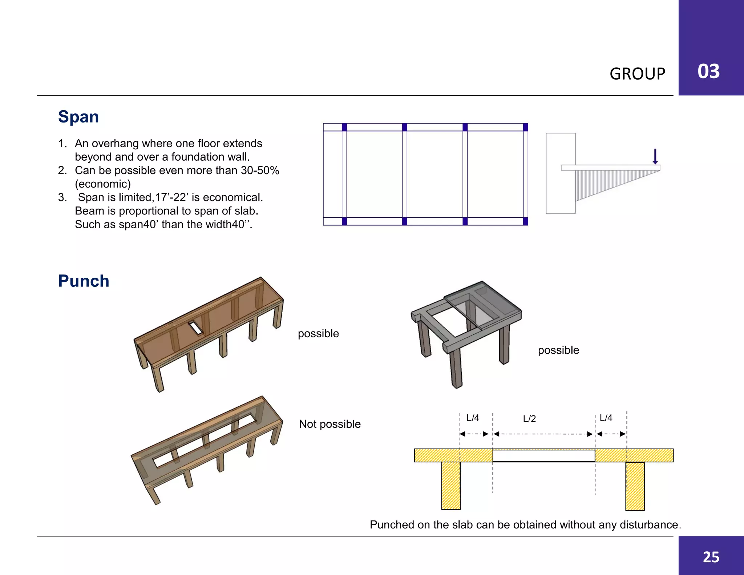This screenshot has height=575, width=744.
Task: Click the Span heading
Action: [x=78, y=117]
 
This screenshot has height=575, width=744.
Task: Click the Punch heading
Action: [x=84, y=281]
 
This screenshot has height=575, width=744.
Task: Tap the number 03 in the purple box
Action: [x=708, y=71]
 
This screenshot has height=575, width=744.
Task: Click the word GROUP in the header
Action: [x=637, y=74]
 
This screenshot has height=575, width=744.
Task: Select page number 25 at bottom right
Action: [x=711, y=557]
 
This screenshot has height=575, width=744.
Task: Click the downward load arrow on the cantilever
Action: [x=655, y=156]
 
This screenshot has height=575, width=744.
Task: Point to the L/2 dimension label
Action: [x=529, y=419]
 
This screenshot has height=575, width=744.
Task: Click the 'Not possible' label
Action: [x=329, y=424]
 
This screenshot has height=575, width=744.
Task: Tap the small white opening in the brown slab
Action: [x=195, y=328]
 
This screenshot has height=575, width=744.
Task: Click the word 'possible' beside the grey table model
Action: [x=558, y=350]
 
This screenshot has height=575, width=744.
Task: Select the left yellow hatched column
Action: [x=451, y=486]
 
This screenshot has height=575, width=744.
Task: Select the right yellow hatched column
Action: [x=635, y=486]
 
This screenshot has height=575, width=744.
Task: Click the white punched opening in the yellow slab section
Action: [x=543, y=456]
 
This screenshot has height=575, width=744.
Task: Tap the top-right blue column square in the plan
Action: [x=525, y=127]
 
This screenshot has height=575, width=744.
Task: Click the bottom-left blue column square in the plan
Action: [x=344, y=221]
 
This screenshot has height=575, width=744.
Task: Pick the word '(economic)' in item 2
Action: [x=103, y=184]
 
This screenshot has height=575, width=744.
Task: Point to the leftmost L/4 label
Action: [x=473, y=418]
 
